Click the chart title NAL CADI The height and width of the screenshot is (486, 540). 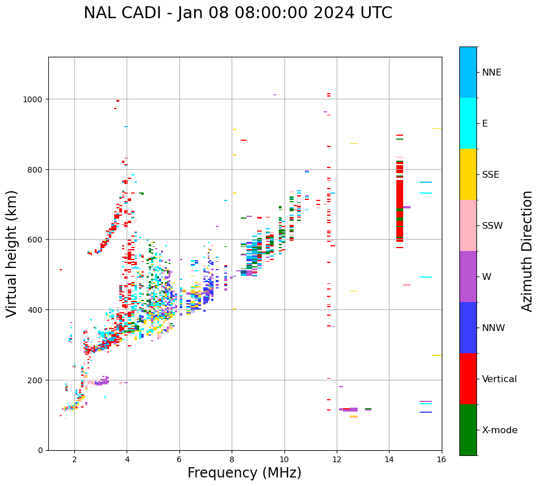[237, 13]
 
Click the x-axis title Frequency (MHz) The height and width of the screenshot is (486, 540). [244, 473]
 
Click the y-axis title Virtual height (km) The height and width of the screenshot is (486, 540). [12, 254]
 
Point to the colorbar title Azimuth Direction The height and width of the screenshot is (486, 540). [528, 251]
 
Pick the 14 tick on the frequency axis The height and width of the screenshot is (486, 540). [389, 460]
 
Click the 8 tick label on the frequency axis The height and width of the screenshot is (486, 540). [232, 460]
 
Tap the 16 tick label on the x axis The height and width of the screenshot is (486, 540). [441, 460]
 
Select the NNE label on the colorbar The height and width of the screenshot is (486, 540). [492, 73]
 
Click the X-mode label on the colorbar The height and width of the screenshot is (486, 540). [500, 430]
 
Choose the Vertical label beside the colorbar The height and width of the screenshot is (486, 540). [500, 379]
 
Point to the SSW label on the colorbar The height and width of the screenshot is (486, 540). [492, 226]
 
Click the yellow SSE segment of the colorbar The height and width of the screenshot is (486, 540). [468, 174]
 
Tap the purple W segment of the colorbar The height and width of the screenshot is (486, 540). [468, 276]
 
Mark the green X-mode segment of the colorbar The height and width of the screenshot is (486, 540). [468, 430]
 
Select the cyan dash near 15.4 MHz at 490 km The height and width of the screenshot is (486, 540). [426, 277]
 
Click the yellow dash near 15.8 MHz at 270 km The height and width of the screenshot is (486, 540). [437, 355]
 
